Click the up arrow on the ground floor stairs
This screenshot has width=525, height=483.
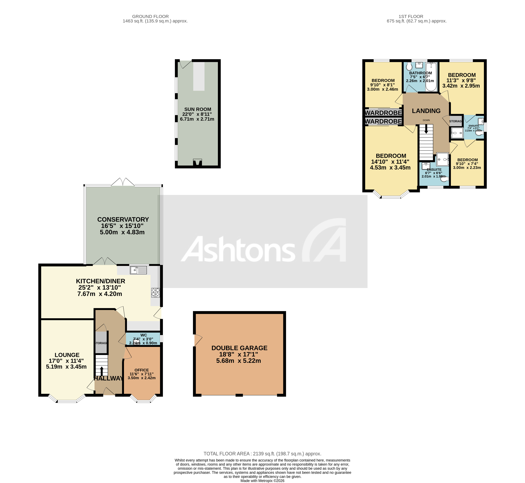(102, 371)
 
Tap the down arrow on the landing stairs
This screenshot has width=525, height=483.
(426, 129)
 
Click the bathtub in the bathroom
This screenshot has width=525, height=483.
(431, 77)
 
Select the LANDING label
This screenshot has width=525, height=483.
(426, 111)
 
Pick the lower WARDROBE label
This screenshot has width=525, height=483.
(383, 121)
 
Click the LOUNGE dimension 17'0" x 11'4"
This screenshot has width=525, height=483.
(66, 361)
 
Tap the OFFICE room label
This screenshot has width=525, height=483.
(141, 370)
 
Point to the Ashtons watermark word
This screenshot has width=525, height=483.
(238, 250)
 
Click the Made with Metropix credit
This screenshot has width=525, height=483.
(262, 481)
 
